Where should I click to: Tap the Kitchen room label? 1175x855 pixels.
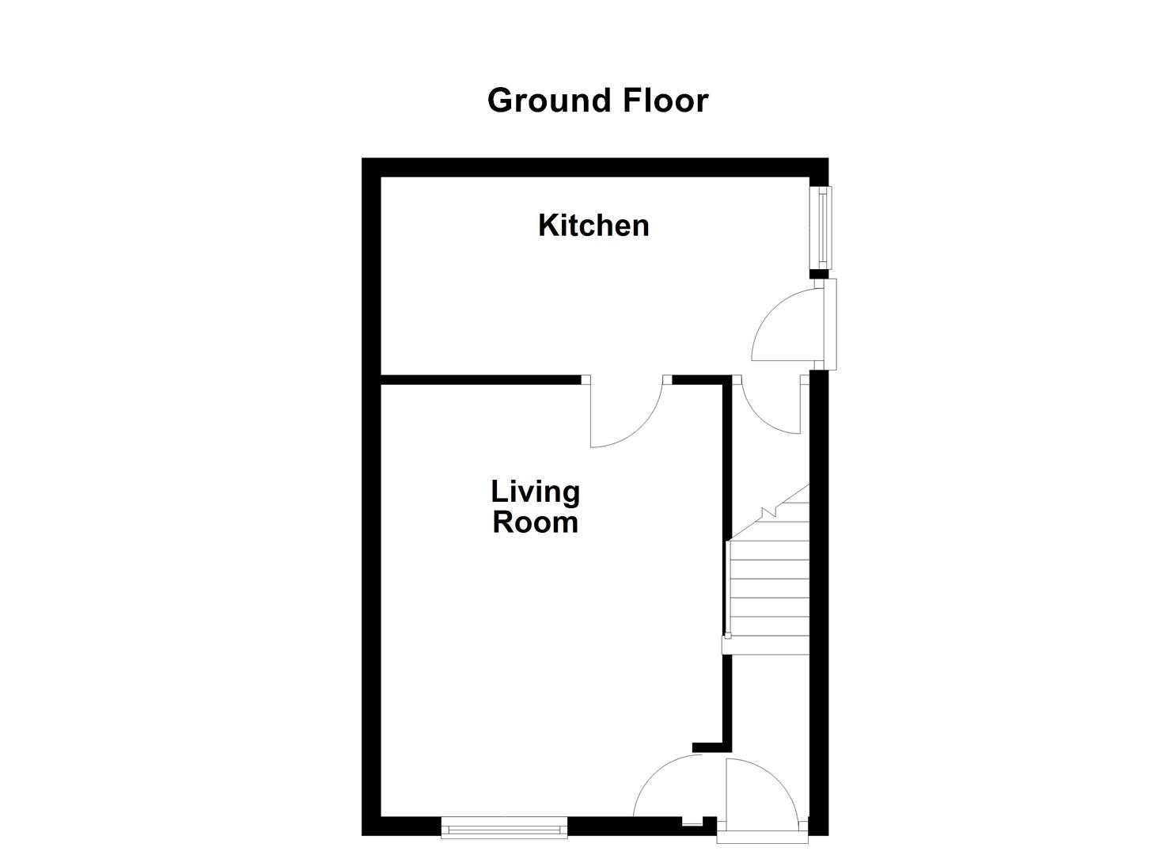coord(593,226)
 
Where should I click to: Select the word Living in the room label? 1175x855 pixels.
coord(536,492)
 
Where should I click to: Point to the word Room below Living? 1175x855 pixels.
coord(536,522)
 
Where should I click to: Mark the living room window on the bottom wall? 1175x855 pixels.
coord(504,829)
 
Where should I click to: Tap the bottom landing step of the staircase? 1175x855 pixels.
coord(766,644)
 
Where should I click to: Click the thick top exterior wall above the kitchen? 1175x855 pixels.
coord(593,167)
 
